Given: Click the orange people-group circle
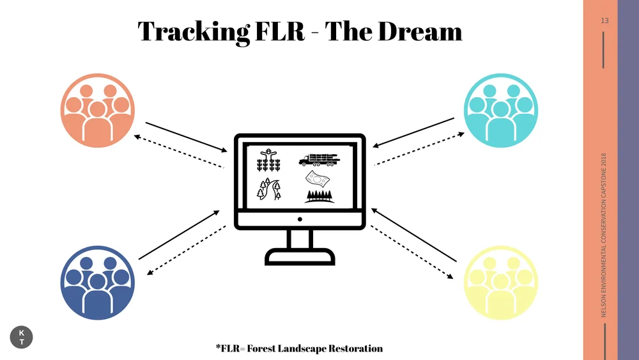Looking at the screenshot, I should click(x=97, y=110).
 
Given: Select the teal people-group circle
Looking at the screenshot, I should click(x=501, y=110).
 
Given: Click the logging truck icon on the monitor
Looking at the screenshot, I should click(x=319, y=159).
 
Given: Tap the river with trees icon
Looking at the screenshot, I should click(x=269, y=190).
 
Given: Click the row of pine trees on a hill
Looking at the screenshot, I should click(x=319, y=195).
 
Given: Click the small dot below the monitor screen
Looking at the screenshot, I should click(x=300, y=219).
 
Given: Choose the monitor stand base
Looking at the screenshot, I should click(x=300, y=257).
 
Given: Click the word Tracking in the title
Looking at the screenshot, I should click(x=193, y=31).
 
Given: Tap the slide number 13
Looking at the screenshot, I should click(x=604, y=21).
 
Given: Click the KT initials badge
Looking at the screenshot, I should click(x=22, y=338).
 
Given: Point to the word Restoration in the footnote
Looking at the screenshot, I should click(x=351, y=348).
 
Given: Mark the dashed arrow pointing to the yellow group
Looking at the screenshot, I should click(x=412, y=252).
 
